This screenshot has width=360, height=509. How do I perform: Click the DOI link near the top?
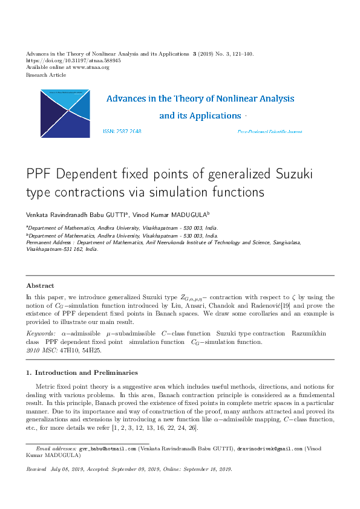point(73,60)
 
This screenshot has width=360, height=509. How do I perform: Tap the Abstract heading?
point(40,285)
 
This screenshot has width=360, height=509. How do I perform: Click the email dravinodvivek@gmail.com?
point(269,450)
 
